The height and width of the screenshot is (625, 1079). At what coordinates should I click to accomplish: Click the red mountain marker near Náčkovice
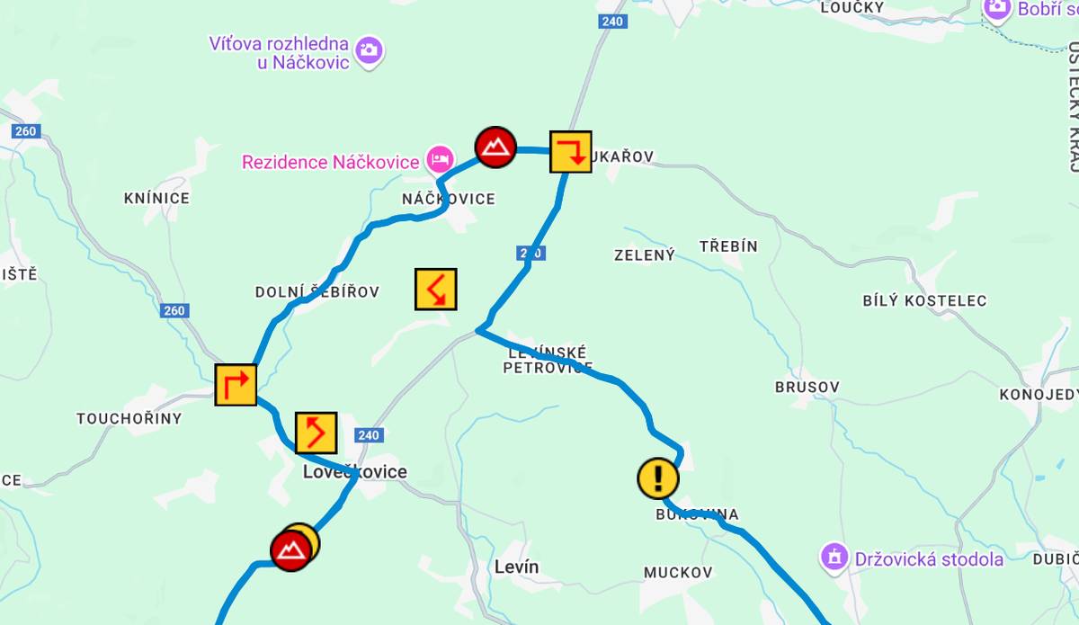tap(495, 147)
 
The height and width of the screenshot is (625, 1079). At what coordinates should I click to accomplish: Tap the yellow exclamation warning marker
tap(658, 478)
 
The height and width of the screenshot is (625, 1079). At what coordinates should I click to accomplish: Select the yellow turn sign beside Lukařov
tap(570, 151)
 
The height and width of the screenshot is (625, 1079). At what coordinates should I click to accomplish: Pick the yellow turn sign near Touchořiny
tap(236, 385)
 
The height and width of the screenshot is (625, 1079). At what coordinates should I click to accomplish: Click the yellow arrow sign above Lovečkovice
tap(316, 433)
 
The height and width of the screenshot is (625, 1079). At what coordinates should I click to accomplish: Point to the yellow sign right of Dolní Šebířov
tap(436, 289)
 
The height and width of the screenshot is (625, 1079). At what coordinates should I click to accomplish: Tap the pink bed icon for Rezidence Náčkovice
tap(439, 160)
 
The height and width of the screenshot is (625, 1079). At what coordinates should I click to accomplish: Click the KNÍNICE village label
tap(157, 198)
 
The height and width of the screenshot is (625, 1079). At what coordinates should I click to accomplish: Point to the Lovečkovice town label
tap(355, 472)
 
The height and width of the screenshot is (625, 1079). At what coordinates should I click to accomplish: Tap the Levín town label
tap(517, 567)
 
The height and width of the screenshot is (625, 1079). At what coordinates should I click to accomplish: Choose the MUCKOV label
tap(678, 572)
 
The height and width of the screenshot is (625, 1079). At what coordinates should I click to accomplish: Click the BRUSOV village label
tap(807, 388)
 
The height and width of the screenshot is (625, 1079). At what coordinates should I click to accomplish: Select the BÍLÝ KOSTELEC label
tap(924, 300)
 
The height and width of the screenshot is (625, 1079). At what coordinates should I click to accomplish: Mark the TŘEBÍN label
tap(728, 246)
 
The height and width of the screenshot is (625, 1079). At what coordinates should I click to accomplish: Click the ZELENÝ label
tap(645, 255)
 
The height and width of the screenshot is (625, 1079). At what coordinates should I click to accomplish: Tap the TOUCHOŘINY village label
tap(129, 418)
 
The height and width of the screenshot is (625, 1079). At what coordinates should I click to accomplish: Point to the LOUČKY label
tap(852, 7)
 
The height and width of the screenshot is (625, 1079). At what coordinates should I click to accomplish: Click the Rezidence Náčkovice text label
tap(331, 162)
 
